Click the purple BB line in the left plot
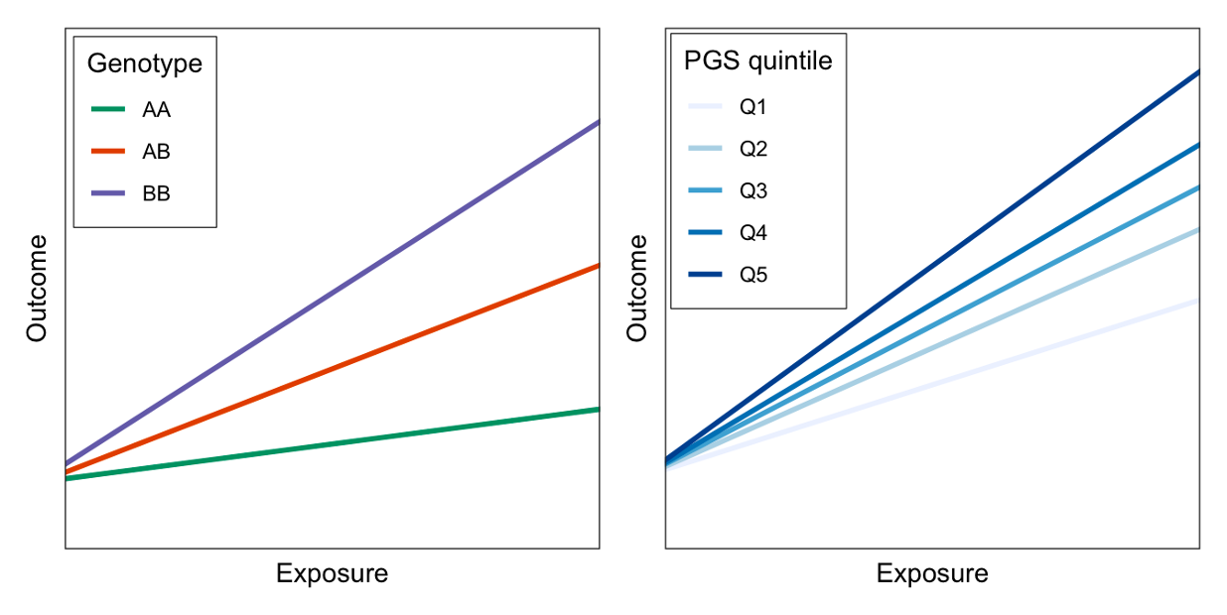point(333,293)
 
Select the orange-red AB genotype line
point(333,369)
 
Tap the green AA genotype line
point(333,443)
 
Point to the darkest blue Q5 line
point(932,266)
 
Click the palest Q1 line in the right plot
point(932,384)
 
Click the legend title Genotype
point(145,63)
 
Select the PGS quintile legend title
point(758,61)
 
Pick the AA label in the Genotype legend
point(156,109)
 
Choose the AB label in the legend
point(156,152)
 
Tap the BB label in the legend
point(156,193)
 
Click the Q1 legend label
point(753,107)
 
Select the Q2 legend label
point(753,149)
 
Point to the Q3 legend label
point(753,191)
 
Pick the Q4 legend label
point(753,232)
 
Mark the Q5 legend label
point(753,275)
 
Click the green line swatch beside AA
point(108,109)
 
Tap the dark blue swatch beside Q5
point(705,274)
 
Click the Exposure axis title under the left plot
point(332,574)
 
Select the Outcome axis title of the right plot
point(636,289)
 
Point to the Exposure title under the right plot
point(932,574)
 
